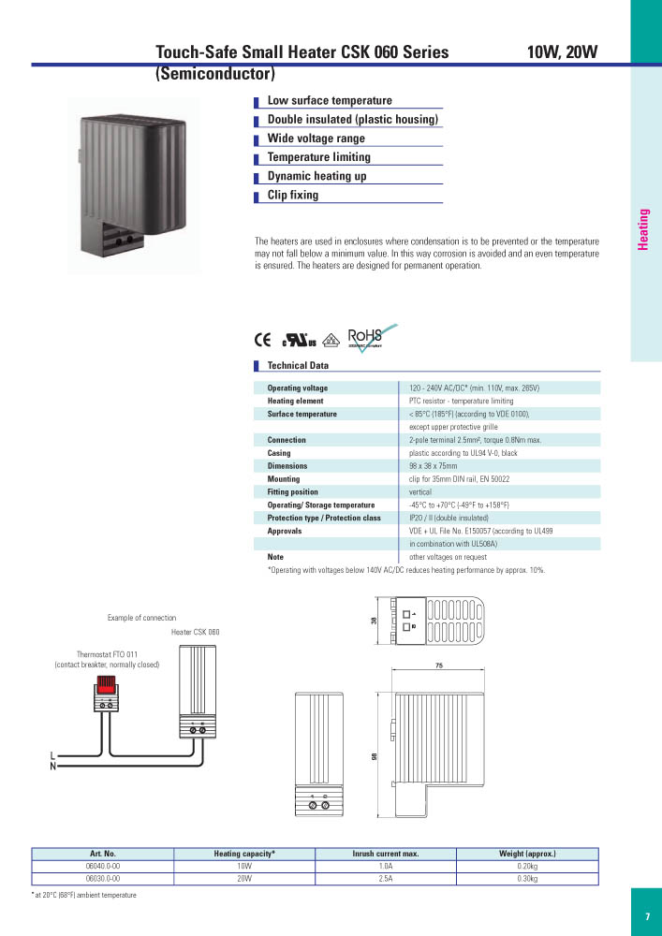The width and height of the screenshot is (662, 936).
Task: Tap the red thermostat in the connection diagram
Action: click(x=105, y=686)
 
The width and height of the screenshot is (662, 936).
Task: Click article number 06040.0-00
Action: click(x=102, y=867)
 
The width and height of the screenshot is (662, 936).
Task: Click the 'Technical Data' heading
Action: click(x=298, y=366)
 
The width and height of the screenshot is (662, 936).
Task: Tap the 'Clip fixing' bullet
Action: click(x=293, y=196)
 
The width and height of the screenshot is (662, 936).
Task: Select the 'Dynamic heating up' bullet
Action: click(x=316, y=177)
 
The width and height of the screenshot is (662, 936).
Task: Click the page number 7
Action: click(x=647, y=916)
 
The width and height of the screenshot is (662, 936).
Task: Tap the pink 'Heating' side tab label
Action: click(x=644, y=229)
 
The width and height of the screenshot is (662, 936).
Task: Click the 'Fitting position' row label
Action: click(x=292, y=492)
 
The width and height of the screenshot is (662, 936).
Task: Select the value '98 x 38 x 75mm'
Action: click(x=439, y=466)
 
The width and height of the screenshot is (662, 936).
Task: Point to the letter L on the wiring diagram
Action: click(x=52, y=755)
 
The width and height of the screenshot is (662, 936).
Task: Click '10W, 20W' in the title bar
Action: click(x=562, y=52)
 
